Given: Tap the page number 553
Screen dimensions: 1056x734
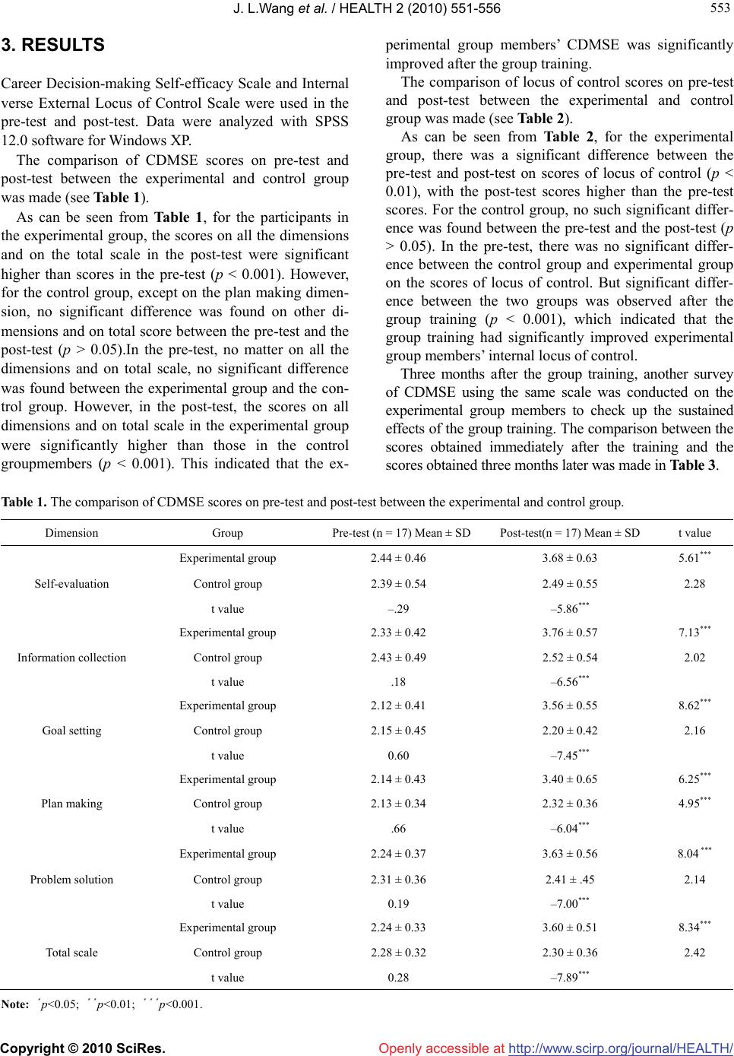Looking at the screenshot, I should pyautogui.click(x=723, y=8).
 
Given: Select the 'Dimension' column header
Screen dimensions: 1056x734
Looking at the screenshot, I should pyautogui.click(x=71, y=533).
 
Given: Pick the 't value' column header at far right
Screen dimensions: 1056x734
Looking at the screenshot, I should pyautogui.click(x=694, y=533).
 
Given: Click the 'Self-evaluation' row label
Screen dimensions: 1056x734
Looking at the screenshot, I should pyautogui.click(x=71, y=584).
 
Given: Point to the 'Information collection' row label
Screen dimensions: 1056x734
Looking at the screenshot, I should pyautogui.click(x=71, y=658).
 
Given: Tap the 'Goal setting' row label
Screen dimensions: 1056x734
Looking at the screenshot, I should pyautogui.click(x=71, y=731).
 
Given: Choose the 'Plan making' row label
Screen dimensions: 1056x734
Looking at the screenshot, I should pyautogui.click(x=71, y=804).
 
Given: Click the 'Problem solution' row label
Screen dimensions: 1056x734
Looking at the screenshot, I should pyautogui.click(x=71, y=880).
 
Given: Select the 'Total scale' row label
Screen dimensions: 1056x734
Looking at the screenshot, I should pyautogui.click(x=71, y=953).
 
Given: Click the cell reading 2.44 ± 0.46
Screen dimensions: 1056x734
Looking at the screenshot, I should pyautogui.click(x=397, y=559).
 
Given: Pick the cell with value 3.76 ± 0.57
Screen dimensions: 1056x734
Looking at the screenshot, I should pyautogui.click(x=569, y=633).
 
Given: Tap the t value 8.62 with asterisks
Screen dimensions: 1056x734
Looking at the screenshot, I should pyautogui.click(x=694, y=705).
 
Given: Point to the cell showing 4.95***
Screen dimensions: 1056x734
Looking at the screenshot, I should pyautogui.click(x=694, y=803).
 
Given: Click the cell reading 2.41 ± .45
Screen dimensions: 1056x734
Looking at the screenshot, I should pyautogui.click(x=569, y=880).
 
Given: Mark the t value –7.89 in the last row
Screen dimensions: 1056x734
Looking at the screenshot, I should pyautogui.click(x=569, y=977).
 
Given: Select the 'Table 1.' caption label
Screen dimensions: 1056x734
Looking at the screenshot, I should pyautogui.click(x=24, y=502).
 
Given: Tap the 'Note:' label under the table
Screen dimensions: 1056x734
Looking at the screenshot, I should pyautogui.click(x=14, y=1004).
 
